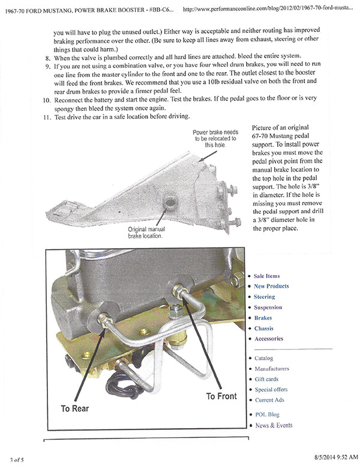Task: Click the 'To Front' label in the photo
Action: click(x=221, y=396)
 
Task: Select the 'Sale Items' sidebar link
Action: click(x=266, y=276)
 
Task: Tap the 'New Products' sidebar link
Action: click(x=271, y=286)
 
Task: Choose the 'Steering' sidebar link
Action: click(x=264, y=297)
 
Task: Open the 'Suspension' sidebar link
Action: click(x=268, y=307)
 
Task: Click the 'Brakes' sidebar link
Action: click(x=263, y=318)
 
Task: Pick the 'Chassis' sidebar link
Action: click(x=263, y=328)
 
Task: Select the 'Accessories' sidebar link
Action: click(x=268, y=339)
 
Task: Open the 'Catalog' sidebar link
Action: click(x=263, y=359)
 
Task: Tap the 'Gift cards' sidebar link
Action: click(x=266, y=380)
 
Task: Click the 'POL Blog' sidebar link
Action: click(x=266, y=414)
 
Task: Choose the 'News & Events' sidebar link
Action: click(x=274, y=425)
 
